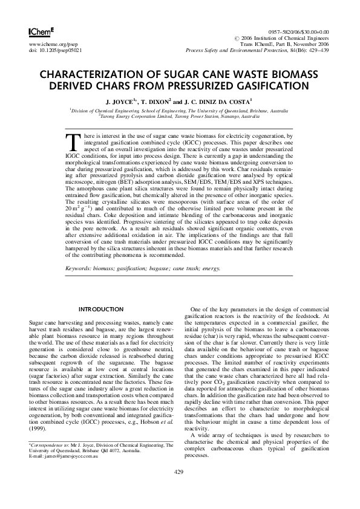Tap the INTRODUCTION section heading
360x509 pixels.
coord(105,310)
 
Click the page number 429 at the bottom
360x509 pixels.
coord(179,488)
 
